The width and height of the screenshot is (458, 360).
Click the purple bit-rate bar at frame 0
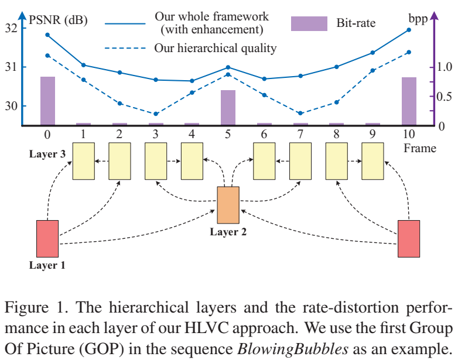tap(47, 101)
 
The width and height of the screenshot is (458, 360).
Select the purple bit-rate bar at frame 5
tap(228, 107)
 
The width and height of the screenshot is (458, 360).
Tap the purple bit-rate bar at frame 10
tap(409, 101)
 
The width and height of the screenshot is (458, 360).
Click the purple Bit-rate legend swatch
tap(309, 23)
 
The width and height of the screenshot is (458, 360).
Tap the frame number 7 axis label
tap(300, 134)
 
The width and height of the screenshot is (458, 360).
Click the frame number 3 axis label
tap(156, 134)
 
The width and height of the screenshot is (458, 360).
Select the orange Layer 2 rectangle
tap(228, 205)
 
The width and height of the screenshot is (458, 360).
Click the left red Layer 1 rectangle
tap(47, 238)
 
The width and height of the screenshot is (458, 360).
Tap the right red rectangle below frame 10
tap(409, 238)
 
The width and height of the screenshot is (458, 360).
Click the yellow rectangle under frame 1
tap(83, 161)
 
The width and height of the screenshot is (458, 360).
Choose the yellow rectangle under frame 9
tap(372, 161)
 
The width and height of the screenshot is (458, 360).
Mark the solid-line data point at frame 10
tap(409, 29)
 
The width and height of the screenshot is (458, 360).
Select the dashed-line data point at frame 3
tap(156, 114)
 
